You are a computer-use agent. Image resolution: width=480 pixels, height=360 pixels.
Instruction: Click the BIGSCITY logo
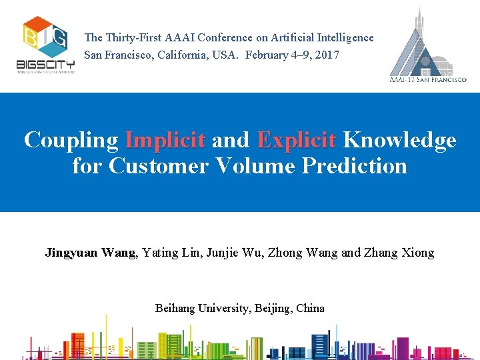pos(45,45)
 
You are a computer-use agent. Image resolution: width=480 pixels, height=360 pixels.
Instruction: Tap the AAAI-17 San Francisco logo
pos(427,45)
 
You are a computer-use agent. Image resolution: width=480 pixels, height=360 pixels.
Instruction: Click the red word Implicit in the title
pos(165,140)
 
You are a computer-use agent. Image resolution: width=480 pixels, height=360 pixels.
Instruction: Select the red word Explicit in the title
pos(297,140)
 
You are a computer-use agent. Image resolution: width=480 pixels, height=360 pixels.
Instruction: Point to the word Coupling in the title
pos(71,140)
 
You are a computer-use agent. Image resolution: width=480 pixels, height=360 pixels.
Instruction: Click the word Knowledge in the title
pos(399,140)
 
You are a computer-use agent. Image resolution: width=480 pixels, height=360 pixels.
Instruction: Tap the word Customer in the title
pos(159,165)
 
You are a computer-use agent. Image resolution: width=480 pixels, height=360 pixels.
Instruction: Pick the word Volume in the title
pos(257,165)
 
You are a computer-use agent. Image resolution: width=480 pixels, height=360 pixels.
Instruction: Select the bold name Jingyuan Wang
pos(90,253)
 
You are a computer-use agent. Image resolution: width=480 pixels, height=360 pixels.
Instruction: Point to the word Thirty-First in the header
pos(133,38)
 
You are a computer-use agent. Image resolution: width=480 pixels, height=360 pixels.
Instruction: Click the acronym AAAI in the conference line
pos(182,38)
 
